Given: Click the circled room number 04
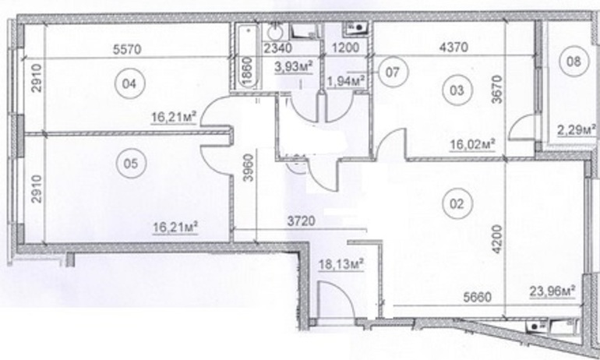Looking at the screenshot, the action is (130, 83).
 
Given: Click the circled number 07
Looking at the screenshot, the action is (393, 72).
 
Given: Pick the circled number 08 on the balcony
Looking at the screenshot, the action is (574, 62).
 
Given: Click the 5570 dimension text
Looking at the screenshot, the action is (128, 49).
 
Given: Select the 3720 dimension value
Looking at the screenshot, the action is (301, 221).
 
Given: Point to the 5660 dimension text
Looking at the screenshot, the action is (477, 296).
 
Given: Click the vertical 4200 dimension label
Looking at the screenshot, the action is (497, 239).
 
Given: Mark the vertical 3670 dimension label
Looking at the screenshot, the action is (497, 89).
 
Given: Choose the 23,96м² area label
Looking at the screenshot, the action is (553, 292).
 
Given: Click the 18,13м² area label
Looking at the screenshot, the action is (341, 264).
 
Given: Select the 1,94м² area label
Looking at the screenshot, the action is (345, 81).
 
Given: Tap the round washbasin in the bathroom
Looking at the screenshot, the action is (274, 33).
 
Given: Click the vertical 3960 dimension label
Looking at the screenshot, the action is (249, 168).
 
